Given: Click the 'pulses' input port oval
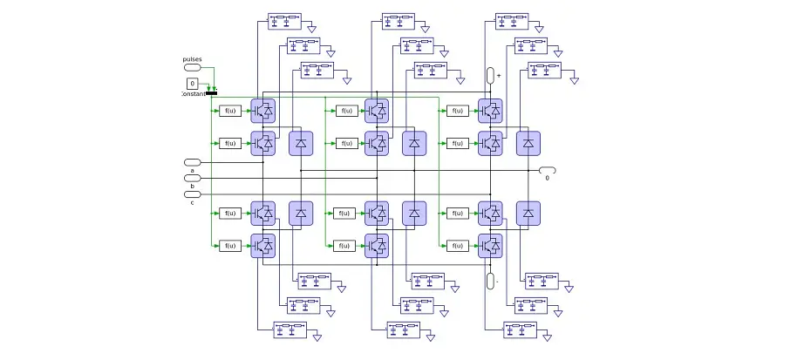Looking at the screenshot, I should (x=193, y=67).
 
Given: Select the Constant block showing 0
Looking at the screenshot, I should (x=193, y=84).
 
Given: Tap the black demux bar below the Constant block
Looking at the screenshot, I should (x=211, y=92).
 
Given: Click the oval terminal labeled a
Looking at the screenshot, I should (x=193, y=162).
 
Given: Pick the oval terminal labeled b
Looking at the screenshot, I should (x=193, y=178).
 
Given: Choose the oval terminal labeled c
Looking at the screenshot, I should (x=193, y=194).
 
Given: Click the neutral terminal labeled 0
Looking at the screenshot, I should (x=548, y=170).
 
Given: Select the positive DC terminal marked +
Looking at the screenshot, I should (x=490, y=76).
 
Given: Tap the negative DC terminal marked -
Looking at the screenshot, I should (x=490, y=281).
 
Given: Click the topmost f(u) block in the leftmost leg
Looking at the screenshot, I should (x=230, y=111).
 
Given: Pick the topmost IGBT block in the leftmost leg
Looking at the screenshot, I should (x=263, y=111).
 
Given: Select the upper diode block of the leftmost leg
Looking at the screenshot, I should (x=301, y=143).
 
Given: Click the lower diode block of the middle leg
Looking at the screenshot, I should (x=414, y=214).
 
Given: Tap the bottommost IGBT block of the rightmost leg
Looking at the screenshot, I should (x=490, y=246).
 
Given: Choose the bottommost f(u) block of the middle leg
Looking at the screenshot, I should (x=344, y=246).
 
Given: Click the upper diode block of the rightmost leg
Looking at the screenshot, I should (x=528, y=143).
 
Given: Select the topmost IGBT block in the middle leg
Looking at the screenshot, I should (x=377, y=111).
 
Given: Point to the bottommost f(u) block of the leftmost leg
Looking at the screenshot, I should (x=230, y=246).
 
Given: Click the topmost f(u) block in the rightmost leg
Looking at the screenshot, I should (x=457, y=111).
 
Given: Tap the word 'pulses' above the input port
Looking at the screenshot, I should (x=193, y=58).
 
